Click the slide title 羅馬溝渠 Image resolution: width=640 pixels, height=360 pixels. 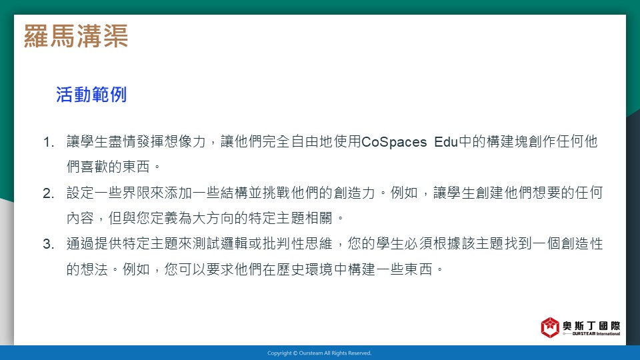coord(76,36)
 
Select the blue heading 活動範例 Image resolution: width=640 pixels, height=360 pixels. coord(91,95)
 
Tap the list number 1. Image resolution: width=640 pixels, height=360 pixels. coord(48,143)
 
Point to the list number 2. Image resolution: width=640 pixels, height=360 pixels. coord(48,193)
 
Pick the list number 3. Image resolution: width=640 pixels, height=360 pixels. coord(48,244)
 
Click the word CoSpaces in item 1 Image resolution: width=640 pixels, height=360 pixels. coord(394,142)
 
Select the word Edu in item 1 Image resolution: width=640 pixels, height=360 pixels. coord(446,142)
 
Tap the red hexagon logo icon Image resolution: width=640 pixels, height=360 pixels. coord(550,327)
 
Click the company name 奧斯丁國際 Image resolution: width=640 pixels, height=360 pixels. coord(591,325)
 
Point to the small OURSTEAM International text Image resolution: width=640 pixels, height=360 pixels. coord(596,334)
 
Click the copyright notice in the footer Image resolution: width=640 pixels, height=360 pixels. coord(319,353)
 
